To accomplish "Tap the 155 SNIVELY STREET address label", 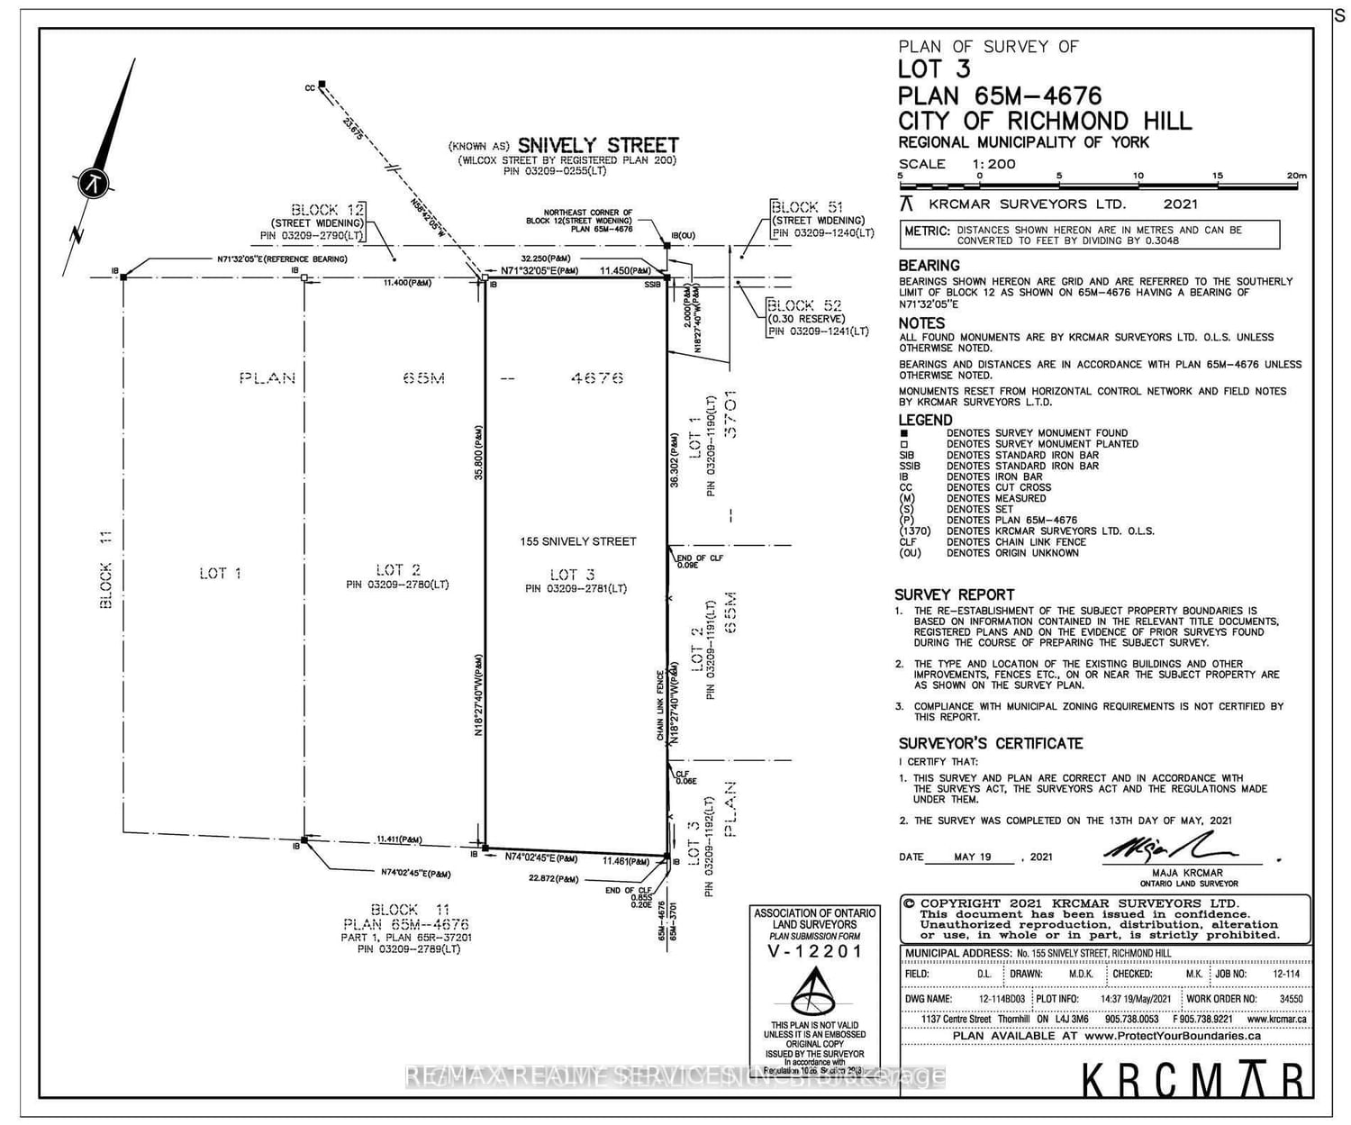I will click(x=578, y=541).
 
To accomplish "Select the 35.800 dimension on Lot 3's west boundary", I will click(x=479, y=451).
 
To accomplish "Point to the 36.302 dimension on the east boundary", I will click(x=674, y=461).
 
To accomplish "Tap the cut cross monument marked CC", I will click(x=322, y=86).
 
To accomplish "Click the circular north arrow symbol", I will click(x=94, y=183).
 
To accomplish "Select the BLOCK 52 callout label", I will click(x=804, y=305).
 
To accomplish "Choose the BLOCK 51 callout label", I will click(x=807, y=207).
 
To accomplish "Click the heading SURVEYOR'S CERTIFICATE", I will click(x=991, y=743).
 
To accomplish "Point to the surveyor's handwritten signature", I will click(x=1170, y=848).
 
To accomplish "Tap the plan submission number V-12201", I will click(x=814, y=951).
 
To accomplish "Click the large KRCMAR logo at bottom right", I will click(x=1192, y=1078).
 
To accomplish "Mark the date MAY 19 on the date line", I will click(x=973, y=857).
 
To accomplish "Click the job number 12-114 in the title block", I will click(x=1285, y=974).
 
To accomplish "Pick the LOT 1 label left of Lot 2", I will click(x=220, y=573).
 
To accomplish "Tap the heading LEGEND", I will click(x=925, y=420).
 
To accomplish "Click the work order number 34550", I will click(x=1291, y=999).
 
